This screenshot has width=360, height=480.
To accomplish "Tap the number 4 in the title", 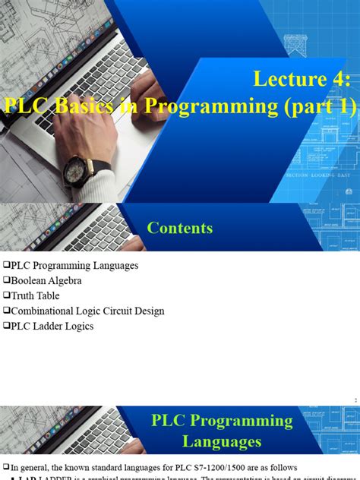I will pyautogui.click(x=339, y=78).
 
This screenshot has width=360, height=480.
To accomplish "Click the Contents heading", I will pyautogui.click(x=180, y=228).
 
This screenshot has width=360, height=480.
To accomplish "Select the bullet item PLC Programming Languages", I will pyautogui.click(x=75, y=266).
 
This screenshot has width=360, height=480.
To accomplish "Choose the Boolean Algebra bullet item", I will pyautogui.click(x=45, y=281).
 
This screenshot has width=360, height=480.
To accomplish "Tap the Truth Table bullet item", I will pyautogui.click(x=35, y=295).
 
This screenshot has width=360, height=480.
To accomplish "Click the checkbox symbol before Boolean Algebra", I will pyautogui.click(x=6, y=281).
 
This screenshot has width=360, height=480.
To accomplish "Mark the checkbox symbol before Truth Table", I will pyautogui.click(x=6, y=295).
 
